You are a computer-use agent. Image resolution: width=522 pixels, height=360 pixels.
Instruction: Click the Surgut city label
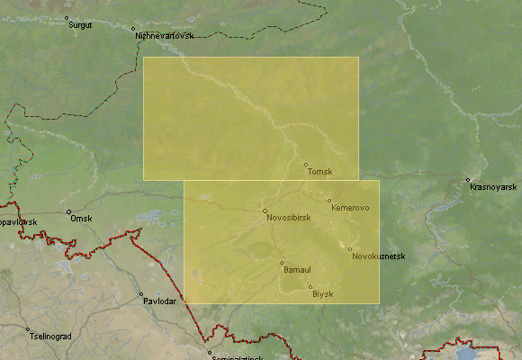pyautogui.click(x=80, y=24)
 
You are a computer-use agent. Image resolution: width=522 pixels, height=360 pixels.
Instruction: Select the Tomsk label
pyautogui.click(x=319, y=172)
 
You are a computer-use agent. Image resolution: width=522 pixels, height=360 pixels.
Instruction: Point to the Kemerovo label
pyautogui.click(x=350, y=209)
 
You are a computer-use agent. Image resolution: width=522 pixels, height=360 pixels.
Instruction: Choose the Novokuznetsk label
pyautogui.click(x=379, y=256)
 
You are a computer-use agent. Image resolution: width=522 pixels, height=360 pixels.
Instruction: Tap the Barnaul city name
pyautogui.click(x=297, y=270)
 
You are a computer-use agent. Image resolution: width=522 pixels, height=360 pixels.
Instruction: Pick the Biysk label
pyautogui.click(x=322, y=294)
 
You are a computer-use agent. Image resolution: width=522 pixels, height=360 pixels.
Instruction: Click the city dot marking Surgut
pyautogui.click(x=67, y=17)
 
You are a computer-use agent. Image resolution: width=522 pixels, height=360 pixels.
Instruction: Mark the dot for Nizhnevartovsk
pyautogui.click(x=133, y=29)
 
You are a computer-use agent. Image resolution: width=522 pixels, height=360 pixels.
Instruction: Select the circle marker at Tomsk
pyautogui.click(x=305, y=165)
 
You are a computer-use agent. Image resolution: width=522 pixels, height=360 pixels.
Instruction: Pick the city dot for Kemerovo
pyautogui.click(x=329, y=201)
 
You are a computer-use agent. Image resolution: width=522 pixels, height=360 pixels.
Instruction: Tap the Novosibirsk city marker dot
pyautogui.click(x=265, y=211)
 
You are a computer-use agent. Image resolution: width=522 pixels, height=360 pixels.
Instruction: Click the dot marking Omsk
pyautogui.click(x=68, y=211)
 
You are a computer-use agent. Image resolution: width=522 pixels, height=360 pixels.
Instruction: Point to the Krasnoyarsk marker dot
pyautogui.click(x=467, y=178)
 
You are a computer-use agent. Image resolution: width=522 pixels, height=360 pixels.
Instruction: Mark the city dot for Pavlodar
pyautogui.click(x=140, y=294)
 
